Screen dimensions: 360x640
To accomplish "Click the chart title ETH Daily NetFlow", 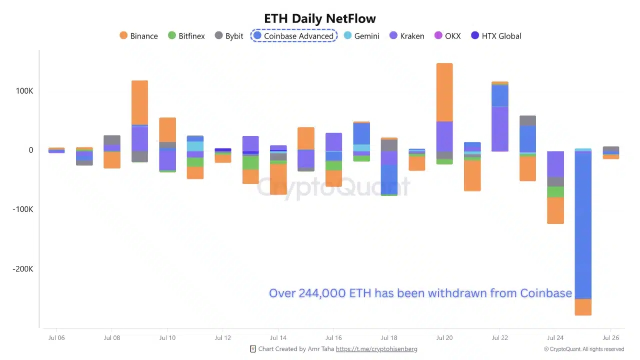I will point(319,19).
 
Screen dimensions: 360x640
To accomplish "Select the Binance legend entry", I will point(138,36).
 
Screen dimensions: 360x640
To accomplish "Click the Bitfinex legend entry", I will point(186,36).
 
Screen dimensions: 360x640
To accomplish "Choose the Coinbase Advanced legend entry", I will point(293,36).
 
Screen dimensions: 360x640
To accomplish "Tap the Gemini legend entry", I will point(360,36).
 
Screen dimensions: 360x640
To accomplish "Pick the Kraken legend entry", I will point(406,36).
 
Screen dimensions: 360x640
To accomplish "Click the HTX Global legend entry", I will point(496,36).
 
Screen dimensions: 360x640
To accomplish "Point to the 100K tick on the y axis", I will point(24,91).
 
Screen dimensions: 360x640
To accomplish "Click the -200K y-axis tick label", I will point(23,269).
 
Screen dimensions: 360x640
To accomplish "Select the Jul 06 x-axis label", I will point(56,338).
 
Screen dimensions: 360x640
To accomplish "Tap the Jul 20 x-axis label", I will point(444,338).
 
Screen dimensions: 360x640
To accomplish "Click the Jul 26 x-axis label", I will point(610,338).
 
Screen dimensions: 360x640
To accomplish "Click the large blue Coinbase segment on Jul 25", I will point(583,225).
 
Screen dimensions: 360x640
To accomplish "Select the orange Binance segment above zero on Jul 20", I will point(444,92).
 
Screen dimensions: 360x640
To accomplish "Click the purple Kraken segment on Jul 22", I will point(499,128).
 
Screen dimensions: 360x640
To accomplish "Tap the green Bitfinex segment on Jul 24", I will point(555,192).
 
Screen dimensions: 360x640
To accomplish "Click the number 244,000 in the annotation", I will point(322,293).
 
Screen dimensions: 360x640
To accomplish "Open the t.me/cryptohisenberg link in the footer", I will point(376,349).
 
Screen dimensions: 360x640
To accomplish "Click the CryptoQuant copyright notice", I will point(584,349).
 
